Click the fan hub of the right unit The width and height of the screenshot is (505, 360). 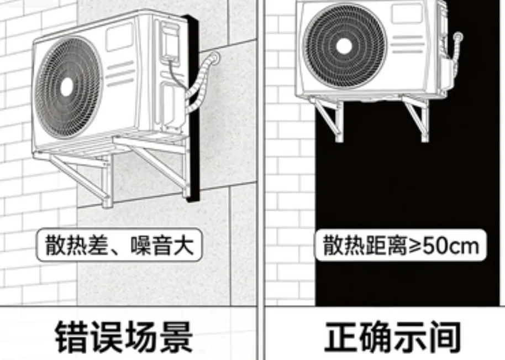[x=344, y=46]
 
